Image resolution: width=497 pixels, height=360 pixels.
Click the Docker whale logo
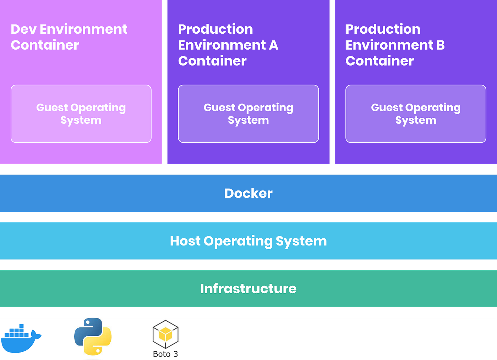pyautogui.click(x=21, y=338)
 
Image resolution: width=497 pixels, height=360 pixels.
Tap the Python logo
pyautogui.click(x=93, y=337)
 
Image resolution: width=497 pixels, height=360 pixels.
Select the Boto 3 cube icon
pyautogui.click(x=165, y=334)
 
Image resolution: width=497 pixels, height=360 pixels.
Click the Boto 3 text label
pyautogui.click(x=165, y=354)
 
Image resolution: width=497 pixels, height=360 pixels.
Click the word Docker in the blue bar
pyautogui.click(x=248, y=193)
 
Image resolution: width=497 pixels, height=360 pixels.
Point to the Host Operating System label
pyautogui.click(x=248, y=241)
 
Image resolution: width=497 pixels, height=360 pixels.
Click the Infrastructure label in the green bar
pyautogui.click(x=248, y=289)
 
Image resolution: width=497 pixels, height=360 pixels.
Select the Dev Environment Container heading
pyautogui.click(x=69, y=37)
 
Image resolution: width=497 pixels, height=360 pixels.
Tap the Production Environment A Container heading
pyautogui.click(x=228, y=45)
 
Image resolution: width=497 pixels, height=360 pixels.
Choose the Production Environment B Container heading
pyautogui.click(x=395, y=45)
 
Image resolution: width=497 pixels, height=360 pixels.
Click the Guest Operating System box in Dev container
pyautogui.click(x=81, y=114)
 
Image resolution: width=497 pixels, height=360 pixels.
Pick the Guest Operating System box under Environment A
pyautogui.click(x=248, y=114)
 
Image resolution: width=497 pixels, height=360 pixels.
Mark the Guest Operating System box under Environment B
pyautogui.click(x=416, y=114)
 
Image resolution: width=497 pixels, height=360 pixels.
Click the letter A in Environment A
pyautogui.click(x=274, y=45)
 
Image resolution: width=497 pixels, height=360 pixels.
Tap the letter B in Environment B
pyautogui.click(x=441, y=45)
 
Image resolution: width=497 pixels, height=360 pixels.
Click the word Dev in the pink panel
pyautogui.click(x=23, y=29)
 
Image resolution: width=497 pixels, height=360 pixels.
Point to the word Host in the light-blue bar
pyautogui.click(x=185, y=241)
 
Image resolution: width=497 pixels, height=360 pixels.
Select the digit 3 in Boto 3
pyautogui.click(x=176, y=354)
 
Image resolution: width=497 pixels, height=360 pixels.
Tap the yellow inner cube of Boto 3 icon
pyautogui.click(x=165, y=334)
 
